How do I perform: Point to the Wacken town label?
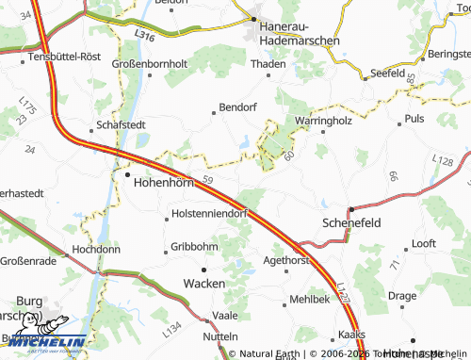point(203,283)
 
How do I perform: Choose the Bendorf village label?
point(237,108)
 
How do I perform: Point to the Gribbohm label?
point(194,247)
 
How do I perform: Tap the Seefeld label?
point(387,73)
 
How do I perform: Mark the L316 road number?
point(143,35)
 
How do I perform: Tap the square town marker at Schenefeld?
point(350,209)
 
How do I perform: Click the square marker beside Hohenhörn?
point(128,173)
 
